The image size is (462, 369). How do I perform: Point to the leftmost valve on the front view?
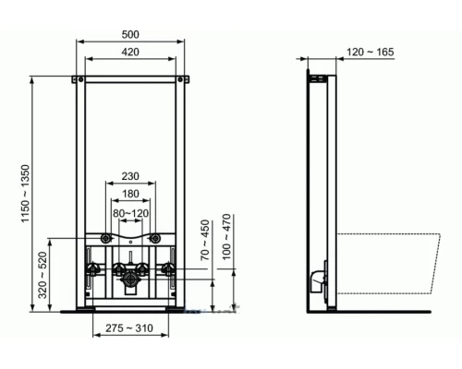click(x=94, y=271)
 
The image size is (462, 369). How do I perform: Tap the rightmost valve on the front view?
click(x=168, y=270)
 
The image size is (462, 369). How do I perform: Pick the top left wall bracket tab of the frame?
click(x=79, y=76)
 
